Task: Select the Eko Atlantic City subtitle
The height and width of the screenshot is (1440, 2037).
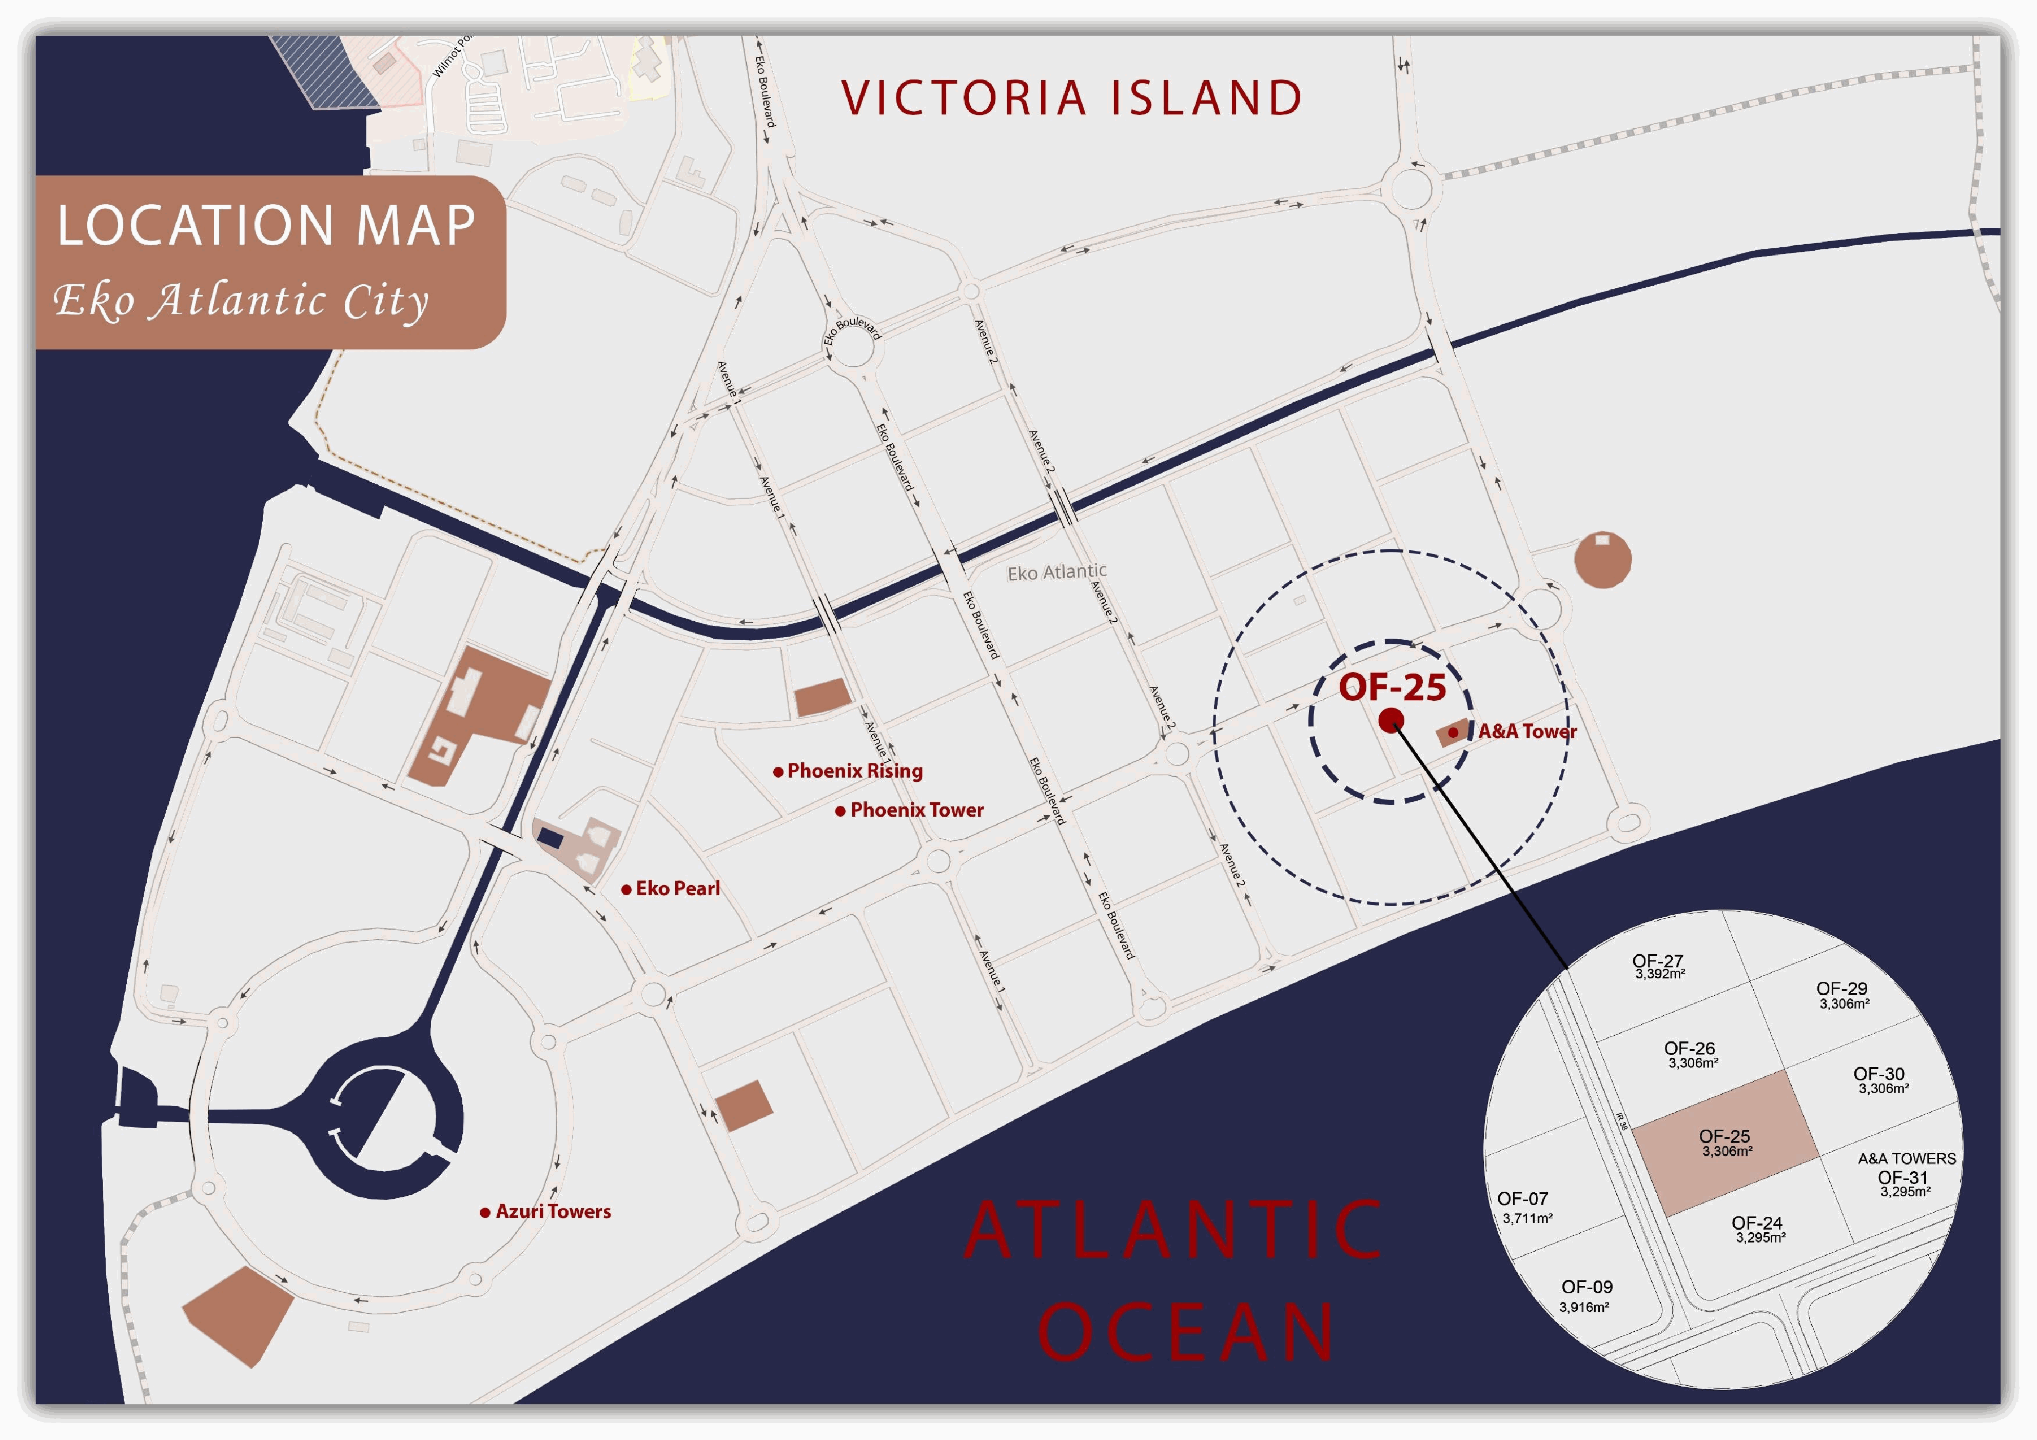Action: (x=241, y=300)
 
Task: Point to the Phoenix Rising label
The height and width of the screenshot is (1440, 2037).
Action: (x=854, y=771)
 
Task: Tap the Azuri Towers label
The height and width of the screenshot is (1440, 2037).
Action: (x=553, y=1212)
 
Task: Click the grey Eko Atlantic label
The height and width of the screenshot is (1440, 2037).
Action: (x=1056, y=573)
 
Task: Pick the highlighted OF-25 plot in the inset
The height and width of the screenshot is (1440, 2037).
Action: (x=1725, y=1143)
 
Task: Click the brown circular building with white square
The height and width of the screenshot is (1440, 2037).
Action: (x=1602, y=560)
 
